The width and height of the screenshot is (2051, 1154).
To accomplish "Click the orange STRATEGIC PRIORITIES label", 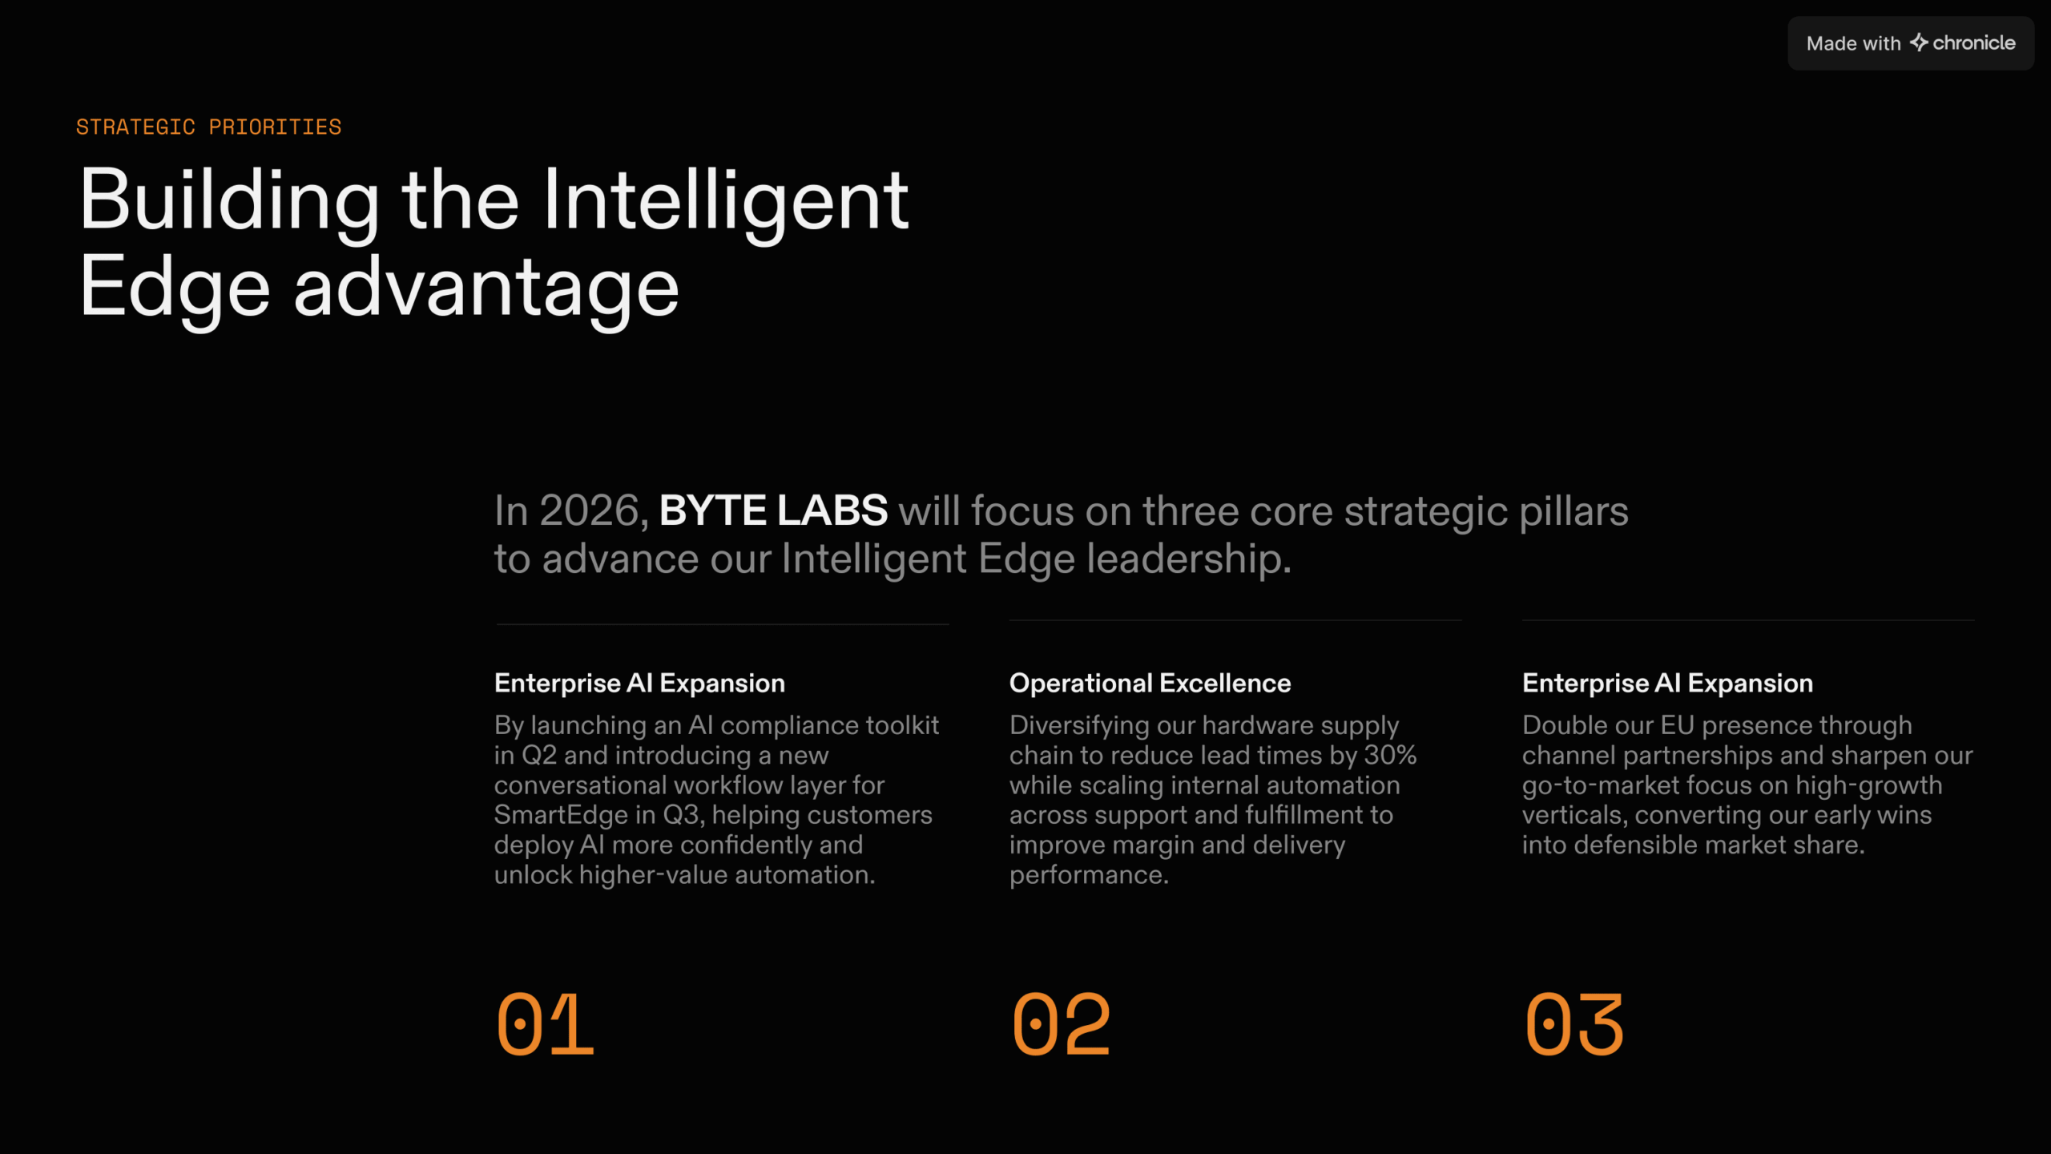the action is tap(208, 127).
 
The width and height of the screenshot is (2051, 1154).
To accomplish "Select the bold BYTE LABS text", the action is tap(773, 510).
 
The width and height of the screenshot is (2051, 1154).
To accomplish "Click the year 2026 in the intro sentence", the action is tap(594, 510).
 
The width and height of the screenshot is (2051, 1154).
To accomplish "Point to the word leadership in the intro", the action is tap(1189, 559).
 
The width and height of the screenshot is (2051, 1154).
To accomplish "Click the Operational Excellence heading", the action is tap(1150, 683).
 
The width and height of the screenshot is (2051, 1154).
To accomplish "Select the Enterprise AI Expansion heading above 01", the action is tap(639, 683).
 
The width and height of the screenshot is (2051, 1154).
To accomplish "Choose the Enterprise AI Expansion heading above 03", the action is tap(1667, 683).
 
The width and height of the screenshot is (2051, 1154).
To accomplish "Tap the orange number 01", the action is tap(545, 1024).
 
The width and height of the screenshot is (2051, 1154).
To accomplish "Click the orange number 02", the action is tap(1061, 1024).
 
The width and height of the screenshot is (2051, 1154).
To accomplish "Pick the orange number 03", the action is tap(1574, 1024).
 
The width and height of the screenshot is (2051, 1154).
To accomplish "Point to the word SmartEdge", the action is tap(561, 815).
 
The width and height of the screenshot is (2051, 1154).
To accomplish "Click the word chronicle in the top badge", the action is tap(1974, 43).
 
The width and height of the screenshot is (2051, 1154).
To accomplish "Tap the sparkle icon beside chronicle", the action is tap(1919, 42).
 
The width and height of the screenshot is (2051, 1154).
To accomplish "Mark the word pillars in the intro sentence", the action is tap(1574, 511).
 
